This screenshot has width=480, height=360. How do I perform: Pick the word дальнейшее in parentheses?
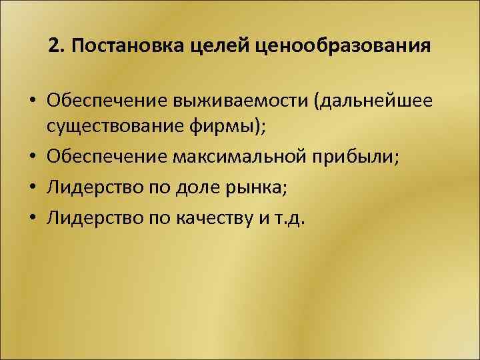[377, 101]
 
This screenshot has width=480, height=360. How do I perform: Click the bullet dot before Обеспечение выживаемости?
[32, 102]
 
